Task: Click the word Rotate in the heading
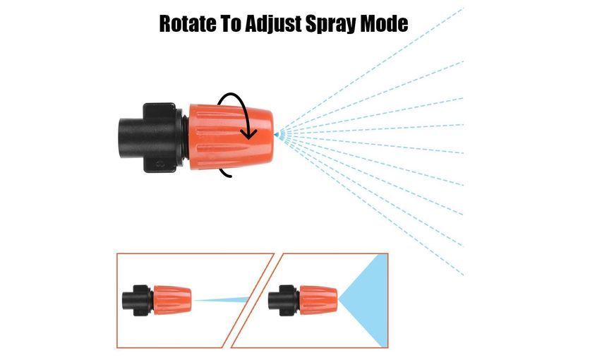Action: coord(187,23)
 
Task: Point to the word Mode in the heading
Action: coord(384,23)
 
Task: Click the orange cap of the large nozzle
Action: coord(231,136)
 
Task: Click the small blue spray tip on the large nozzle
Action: coord(277,135)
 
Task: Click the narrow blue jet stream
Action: coord(221,301)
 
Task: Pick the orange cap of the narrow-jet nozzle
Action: coord(172,300)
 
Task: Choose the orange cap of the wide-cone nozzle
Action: coord(318,300)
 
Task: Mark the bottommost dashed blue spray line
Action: coord(372,205)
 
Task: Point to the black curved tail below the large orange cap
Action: coord(225,174)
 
